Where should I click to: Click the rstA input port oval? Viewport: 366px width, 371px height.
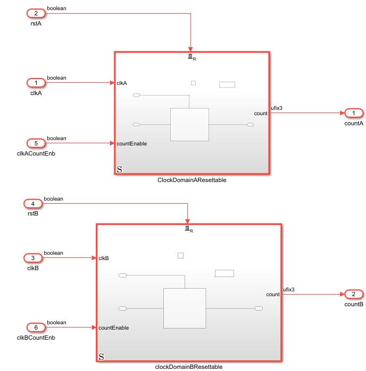(x=36, y=13)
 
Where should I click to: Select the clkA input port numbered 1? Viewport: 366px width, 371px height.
(x=36, y=82)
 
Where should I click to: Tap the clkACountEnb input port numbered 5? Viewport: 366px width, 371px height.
(x=36, y=143)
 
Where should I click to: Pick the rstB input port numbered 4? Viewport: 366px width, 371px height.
(x=33, y=203)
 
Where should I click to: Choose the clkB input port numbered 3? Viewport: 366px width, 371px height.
(x=33, y=258)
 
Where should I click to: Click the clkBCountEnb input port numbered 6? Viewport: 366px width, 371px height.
(x=33, y=327)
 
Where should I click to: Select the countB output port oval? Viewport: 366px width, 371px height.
(x=354, y=294)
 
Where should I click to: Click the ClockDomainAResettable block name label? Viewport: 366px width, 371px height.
(x=192, y=180)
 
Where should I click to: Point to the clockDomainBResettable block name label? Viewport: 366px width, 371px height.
(x=188, y=366)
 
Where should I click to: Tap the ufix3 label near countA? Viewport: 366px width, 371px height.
(x=277, y=108)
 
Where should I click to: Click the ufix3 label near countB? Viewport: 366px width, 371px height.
(x=288, y=289)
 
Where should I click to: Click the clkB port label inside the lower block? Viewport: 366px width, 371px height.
(x=104, y=258)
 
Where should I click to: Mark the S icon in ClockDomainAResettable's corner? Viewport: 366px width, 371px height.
(x=119, y=170)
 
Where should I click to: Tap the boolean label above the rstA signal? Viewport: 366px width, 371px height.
(x=56, y=8)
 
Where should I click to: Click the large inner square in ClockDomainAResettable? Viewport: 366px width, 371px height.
(x=189, y=124)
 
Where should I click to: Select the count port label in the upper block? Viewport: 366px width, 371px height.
(x=261, y=114)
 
